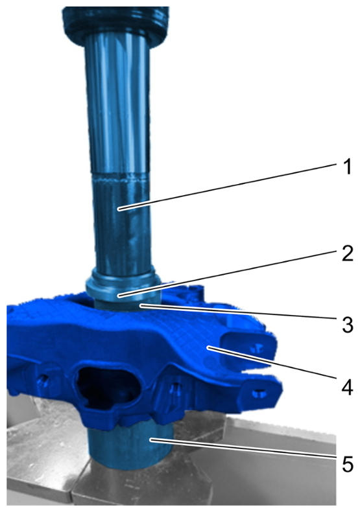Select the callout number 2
pos(347,253)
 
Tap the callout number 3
pos(348,325)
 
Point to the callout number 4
pos(347,388)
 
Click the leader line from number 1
pos(228,186)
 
